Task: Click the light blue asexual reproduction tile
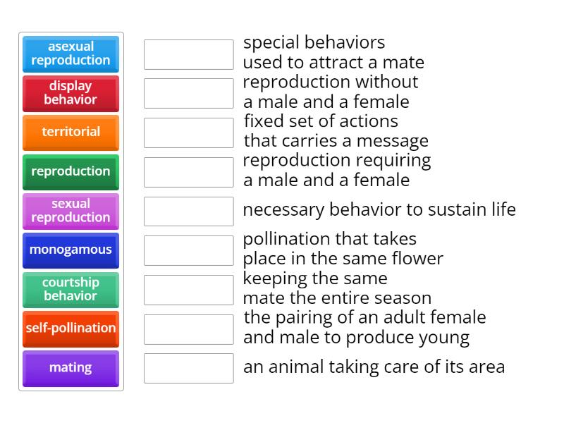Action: point(70,54)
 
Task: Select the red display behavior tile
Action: point(70,93)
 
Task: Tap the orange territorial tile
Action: point(70,132)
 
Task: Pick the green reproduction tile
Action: point(70,171)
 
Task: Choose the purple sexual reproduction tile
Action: point(70,211)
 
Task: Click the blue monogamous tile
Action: point(70,250)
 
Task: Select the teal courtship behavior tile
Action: point(70,289)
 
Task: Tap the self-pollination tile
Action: point(70,329)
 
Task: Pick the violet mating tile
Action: point(70,368)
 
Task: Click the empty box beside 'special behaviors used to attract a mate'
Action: point(188,54)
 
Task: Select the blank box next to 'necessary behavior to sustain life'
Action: point(188,211)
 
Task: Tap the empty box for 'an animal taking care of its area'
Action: point(188,368)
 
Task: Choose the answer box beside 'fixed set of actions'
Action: point(188,133)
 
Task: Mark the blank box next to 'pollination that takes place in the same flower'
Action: point(188,250)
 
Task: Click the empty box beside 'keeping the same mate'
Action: point(188,290)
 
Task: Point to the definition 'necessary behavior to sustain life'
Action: point(379,210)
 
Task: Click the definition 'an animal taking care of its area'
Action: point(374,367)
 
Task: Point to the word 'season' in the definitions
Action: point(404,298)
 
